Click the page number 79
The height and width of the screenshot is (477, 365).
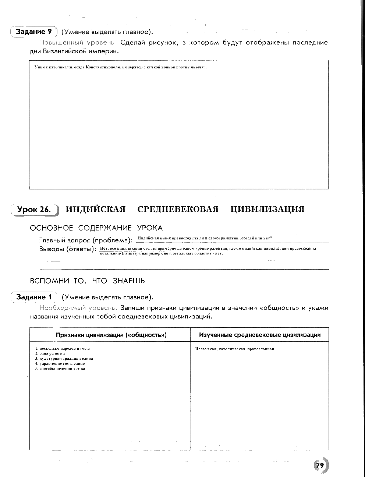[319, 465]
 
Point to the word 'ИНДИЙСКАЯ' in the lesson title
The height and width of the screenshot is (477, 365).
[95, 209]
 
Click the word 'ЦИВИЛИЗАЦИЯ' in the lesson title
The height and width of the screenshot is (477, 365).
[267, 209]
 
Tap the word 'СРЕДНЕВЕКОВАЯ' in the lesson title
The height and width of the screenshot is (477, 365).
[178, 209]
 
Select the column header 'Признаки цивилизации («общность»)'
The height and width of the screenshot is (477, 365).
[111, 335]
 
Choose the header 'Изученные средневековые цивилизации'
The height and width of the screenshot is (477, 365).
[260, 335]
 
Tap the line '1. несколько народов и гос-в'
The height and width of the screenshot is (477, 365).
[63, 348]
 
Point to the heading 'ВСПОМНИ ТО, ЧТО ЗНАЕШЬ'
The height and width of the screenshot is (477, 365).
[87, 281]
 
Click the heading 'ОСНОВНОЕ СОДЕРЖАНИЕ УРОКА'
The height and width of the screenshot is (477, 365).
[96, 228]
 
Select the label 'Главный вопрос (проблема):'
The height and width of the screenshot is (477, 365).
[86, 240]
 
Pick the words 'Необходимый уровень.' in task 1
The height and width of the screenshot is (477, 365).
[78, 308]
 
